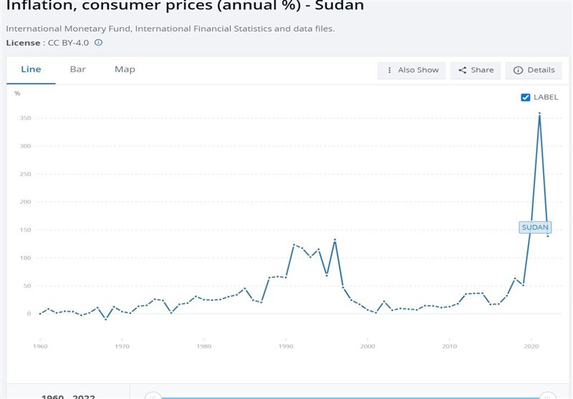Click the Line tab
(x=31, y=69)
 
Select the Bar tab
(x=77, y=69)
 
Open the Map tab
(x=125, y=69)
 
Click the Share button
(x=476, y=70)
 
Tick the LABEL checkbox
(x=526, y=97)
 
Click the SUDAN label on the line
(x=535, y=228)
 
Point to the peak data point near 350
(x=539, y=114)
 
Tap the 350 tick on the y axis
(x=25, y=118)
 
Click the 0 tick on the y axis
(x=29, y=314)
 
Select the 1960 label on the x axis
(x=40, y=347)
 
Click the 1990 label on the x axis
(x=286, y=347)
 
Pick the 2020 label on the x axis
(x=531, y=347)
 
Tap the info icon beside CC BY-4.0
(x=99, y=43)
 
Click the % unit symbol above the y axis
(x=17, y=94)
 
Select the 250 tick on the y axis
(x=25, y=174)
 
